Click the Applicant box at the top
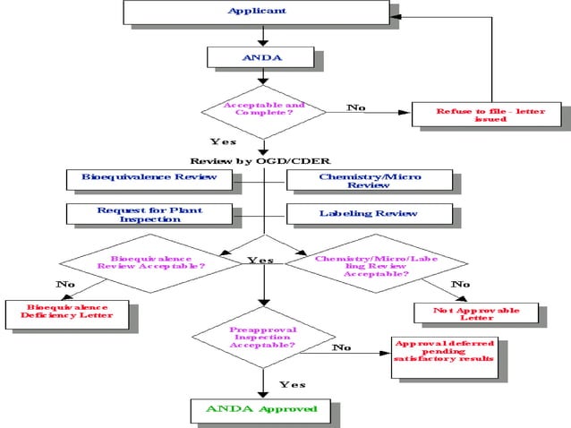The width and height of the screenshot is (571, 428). pyautogui.click(x=257, y=12)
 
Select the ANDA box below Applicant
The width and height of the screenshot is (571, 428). pyautogui.click(x=260, y=57)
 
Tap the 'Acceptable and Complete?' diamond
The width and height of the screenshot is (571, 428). pyautogui.click(x=263, y=110)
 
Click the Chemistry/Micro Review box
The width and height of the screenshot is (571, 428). pyautogui.click(x=370, y=181)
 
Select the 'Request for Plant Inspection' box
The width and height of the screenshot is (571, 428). pyautogui.click(x=149, y=215)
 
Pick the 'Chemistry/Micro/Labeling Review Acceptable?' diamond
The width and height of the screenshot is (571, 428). pyautogui.click(x=376, y=265)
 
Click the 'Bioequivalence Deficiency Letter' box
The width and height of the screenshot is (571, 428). pyautogui.click(x=70, y=312)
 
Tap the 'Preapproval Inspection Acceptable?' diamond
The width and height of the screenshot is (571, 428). pyautogui.click(x=263, y=337)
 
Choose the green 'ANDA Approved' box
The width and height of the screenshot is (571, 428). pyautogui.click(x=261, y=409)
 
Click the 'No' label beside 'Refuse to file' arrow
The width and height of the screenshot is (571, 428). pyautogui.click(x=356, y=107)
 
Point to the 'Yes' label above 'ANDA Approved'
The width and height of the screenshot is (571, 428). pyautogui.click(x=292, y=384)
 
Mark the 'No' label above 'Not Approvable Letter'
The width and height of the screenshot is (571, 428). pyautogui.click(x=460, y=285)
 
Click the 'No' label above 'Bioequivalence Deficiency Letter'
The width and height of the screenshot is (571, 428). pyautogui.click(x=65, y=284)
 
